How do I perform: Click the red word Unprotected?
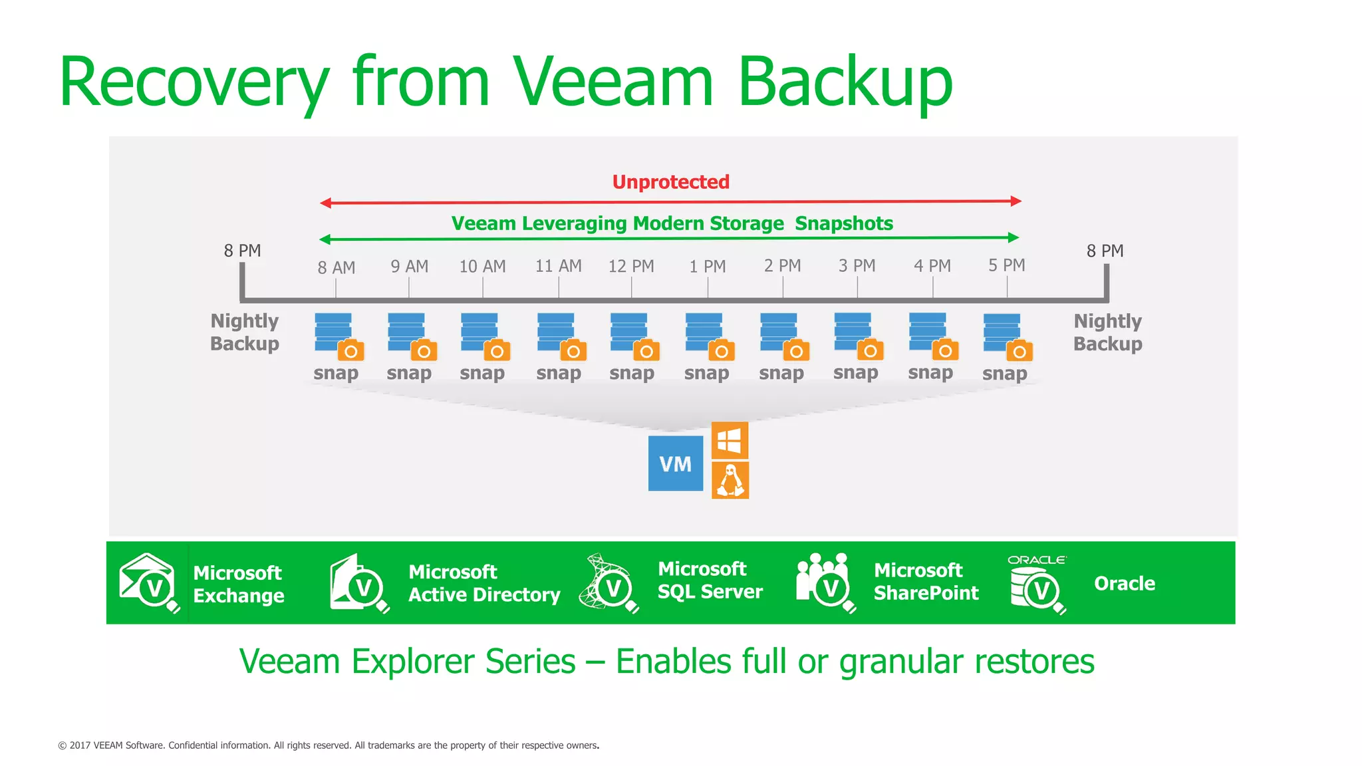tap(670, 182)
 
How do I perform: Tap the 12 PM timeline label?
tap(631, 267)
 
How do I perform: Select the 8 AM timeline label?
tap(336, 268)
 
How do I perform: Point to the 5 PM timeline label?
tap(1006, 265)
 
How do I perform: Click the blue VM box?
tap(675, 463)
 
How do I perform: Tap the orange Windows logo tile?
tap(730, 440)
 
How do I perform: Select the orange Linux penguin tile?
tap(730, 480)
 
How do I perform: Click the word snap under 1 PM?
tap(706, 373)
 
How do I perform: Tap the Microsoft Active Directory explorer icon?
tap(359, 583)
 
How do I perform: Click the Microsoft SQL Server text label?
tap(710, 580)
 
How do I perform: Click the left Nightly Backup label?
tap(245, 332)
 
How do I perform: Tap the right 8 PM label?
tap(1105, 251)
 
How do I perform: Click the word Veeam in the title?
tap(612, 82)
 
